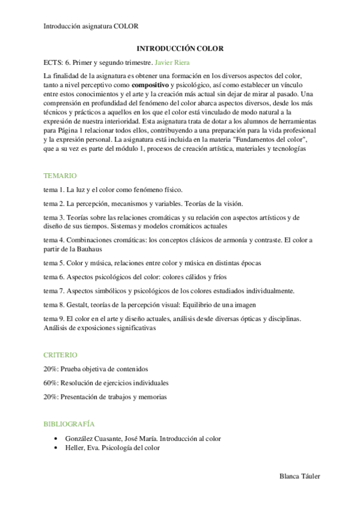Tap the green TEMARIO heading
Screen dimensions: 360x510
[60, 176]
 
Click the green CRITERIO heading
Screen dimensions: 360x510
[60, 355]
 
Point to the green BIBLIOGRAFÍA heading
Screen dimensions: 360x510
[69, 424]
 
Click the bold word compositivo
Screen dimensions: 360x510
[151, 85]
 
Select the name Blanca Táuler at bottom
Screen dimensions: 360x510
[300, 476]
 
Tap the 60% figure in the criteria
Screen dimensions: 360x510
[51, 382]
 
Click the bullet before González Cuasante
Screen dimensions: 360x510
[55, 439]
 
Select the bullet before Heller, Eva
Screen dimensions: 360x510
[55, 448]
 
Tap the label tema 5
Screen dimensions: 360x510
[54, 263]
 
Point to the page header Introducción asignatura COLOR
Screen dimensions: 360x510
[91, 26]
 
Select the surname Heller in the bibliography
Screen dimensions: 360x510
[75, 448]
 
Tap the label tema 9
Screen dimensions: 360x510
[54, 318]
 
